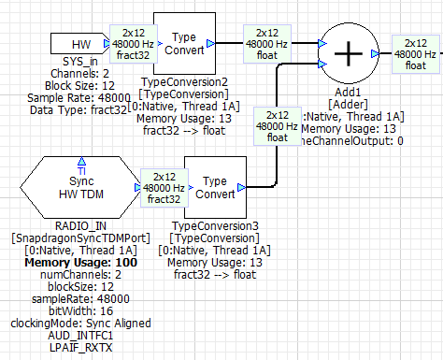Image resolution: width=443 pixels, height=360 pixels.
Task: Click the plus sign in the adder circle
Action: pos(348,55)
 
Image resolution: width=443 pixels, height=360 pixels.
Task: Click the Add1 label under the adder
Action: pos(347,94)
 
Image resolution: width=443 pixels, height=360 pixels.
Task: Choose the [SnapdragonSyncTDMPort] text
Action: pos(81,238)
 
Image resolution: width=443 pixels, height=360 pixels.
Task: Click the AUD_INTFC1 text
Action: pos(81,335)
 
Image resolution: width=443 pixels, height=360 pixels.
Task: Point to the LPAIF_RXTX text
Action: pos(81,347)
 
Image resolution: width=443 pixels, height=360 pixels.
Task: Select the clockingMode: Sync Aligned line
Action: pos(81,323)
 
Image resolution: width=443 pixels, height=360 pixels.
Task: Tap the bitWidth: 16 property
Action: pos(81,310)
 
